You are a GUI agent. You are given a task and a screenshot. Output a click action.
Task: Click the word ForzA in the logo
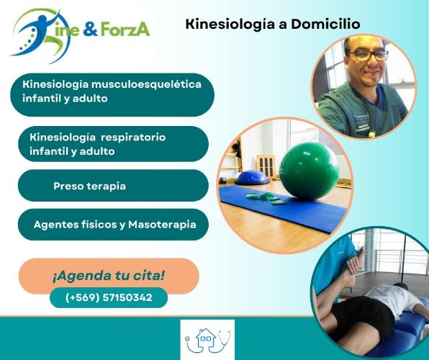tap(125, 29)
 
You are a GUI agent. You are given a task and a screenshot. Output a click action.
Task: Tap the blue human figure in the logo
tap(35, 33)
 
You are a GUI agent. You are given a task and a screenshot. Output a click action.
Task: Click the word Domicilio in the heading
tap(325, 24)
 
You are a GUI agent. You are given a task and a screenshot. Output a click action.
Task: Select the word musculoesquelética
tap(146, 84)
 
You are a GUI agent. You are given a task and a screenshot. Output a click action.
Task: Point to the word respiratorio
tap(133, 137)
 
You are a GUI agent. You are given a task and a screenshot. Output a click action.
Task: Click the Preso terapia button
tap(113, 186)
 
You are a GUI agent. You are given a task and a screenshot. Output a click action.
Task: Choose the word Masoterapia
tap(162, 225)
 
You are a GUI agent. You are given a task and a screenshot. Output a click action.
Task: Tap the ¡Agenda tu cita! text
tap(109, 276)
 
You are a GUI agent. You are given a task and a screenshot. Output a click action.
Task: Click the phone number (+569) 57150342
tap(109, 297)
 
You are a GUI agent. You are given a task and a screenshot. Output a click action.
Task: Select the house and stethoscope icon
tap(207, 340)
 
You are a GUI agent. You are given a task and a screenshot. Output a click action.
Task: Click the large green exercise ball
tap(310, 171)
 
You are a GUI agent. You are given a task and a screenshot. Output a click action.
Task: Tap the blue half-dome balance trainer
tap(252, 177)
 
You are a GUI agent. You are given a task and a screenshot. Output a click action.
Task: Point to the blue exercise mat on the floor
tap(282, 207)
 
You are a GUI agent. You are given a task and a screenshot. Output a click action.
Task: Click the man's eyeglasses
tap(369, 55)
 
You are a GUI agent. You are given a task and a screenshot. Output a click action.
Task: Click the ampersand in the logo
tap(90, 30)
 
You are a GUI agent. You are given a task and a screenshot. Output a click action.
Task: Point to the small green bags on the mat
tap(266, 198)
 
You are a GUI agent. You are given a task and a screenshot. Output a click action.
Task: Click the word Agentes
tap(55, 225)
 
